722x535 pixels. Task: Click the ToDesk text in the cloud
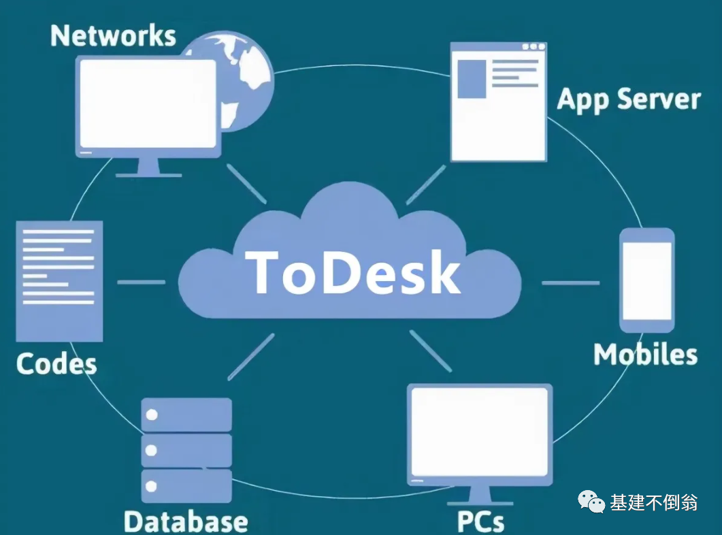pyautogui.click(x=352, y=272)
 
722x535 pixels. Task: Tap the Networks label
pyautogui.click(x=113, y=35)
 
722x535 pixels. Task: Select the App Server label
pyautogui.click(x=628, y=99)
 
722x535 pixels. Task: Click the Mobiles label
pyautogui.click(x=645, y=355)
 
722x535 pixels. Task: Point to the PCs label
pyautogui.click(x=480, y=521)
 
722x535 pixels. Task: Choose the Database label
pyautogui.click(x=186, y=521)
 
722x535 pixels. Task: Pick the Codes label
pyautogui.click(x=56, y=363)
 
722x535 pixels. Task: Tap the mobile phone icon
pyautogui.click(x=646, y=280)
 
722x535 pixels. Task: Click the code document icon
pyautogui.click(x=59, y=280)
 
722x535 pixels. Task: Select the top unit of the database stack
pyautogui.click(x=186, y=415)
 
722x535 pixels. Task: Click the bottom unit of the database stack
pyautogui.click(x=186, y=486)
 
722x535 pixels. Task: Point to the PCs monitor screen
pyautogui.click(x=480, y=432)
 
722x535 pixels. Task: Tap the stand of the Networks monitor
pyautogui.click(x=149, y=167)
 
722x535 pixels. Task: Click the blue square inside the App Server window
pyautogui.click(x=471, y=78)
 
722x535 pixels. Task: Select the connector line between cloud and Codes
pyautogui.click(x=141, y=282)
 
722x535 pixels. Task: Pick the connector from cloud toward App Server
pyautogui.click(x=426, y=184)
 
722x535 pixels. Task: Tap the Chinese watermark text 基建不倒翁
pyautogui.click(x=653, y=503)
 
